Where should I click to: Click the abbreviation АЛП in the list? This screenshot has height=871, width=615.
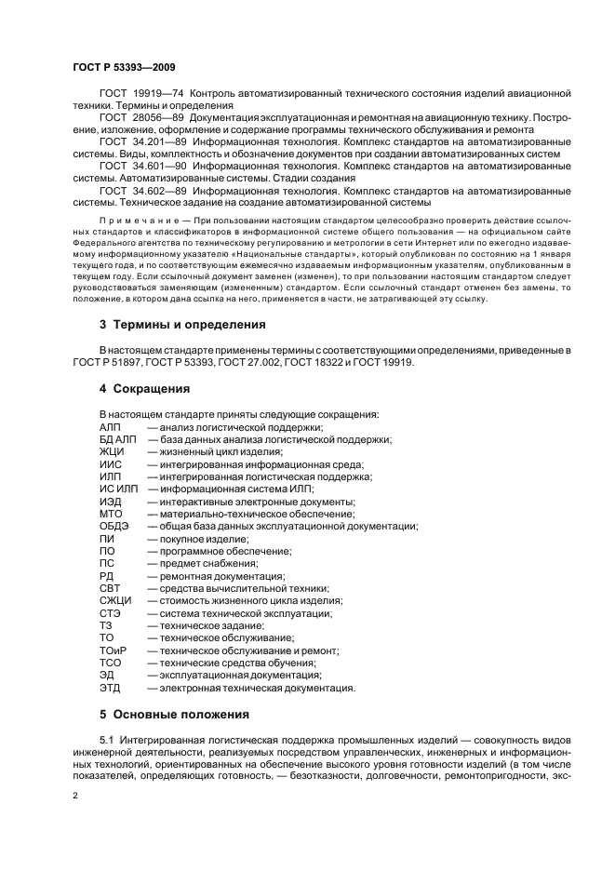click(111, 426)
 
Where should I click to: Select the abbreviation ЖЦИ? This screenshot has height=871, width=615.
click(113, 451)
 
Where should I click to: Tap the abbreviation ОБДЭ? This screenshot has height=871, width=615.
click(114, 526)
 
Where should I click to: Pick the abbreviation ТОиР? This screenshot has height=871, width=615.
click(114, 650)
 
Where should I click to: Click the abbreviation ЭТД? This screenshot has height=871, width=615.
click(111, 688)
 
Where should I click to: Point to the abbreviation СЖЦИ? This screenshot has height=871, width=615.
click(116, 600)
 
